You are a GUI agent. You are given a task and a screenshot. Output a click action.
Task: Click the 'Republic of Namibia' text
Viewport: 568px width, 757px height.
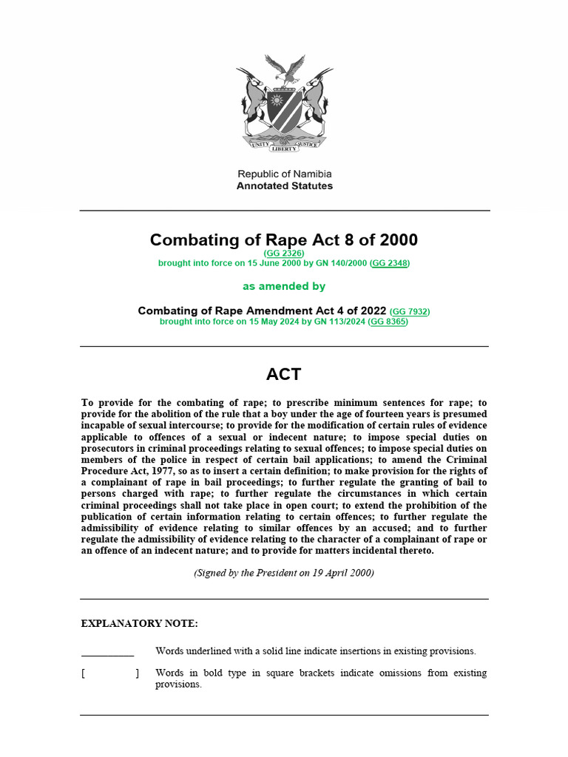click(x=284, y=174)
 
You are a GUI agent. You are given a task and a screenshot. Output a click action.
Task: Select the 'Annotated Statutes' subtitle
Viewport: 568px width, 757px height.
click(x=284, y=186)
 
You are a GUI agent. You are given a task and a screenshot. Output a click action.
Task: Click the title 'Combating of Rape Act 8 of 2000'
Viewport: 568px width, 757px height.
click(x=284, y=240)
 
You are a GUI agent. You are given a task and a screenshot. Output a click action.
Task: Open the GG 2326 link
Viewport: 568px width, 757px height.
click(x=284, y=254)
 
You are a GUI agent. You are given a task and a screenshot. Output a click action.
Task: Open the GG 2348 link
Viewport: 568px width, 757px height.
click(x=389, y=263)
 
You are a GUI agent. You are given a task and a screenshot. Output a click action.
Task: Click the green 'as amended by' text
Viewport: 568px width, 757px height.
click(x=284, y=286)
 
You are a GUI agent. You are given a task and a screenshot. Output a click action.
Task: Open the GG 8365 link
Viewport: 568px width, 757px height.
click(x=388, y=322)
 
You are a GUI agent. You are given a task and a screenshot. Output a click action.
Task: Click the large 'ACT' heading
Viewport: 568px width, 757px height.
click(x=284, y=374)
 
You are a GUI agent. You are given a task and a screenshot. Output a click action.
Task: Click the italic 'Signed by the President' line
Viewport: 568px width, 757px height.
click(x=284, y=573)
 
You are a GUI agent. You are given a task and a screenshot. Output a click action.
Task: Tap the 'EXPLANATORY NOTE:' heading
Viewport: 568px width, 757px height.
click(x=139, y=624)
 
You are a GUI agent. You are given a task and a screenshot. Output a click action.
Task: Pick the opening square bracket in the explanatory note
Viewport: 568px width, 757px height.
click(x=84, y=673)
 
